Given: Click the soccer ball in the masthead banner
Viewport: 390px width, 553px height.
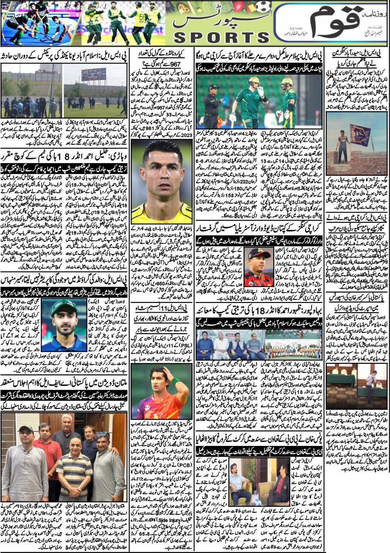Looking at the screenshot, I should click(x=263, y=6).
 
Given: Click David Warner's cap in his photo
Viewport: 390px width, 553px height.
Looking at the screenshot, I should click(x=258, y=253).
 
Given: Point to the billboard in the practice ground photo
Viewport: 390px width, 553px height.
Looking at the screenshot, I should click(x=94, y=74).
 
